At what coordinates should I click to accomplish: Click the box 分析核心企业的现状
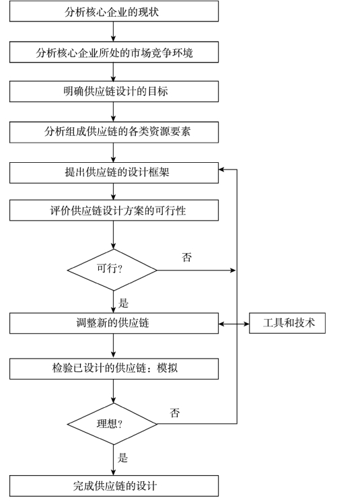click(x=114, y=11)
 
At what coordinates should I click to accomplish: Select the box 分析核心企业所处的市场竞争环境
click(x=114, y=52)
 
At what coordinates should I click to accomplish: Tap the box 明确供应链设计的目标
click(x=114, y=92)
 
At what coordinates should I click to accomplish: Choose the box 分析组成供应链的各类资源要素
click(x=114, y=132)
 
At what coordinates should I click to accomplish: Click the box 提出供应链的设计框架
click(x=114, y=173)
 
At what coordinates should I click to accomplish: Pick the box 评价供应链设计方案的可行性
click(x=114, y=211)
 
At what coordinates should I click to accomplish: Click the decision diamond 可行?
click(x=112, y=270)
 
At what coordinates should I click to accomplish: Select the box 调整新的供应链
click(x=114, y=324)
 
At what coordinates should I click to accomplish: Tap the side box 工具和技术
click(x=287, y=324)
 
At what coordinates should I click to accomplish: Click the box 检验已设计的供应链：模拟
click(x=114, y=369)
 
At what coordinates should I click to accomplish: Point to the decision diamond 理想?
click(x=112, y=424)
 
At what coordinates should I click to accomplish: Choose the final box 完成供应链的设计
click(x=114, y=486)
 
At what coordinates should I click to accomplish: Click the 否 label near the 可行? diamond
click(x=187, y=257)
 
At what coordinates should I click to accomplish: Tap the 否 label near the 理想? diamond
click(x=175, y=413)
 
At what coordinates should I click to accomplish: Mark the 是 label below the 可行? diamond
click(x=124, y=303)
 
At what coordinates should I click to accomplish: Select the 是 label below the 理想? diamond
click(x=122, y=458)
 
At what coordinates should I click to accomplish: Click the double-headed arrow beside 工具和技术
click(x=234, y=324)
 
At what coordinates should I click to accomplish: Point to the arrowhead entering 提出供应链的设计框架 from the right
click(x=221, y=170)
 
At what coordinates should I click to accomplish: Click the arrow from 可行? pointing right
click(x=196, y=271)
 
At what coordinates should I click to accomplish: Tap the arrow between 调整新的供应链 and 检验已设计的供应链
click(x=113, y=346)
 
